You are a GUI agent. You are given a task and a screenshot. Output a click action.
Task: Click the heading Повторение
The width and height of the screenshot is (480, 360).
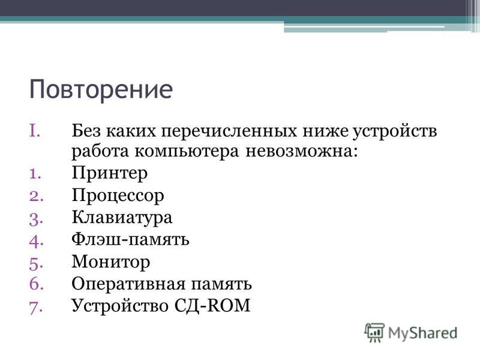[101, 89]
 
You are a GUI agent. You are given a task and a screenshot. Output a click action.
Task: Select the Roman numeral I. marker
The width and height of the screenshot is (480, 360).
[35, 130]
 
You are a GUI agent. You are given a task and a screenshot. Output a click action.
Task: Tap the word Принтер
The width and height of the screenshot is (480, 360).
[110, 173]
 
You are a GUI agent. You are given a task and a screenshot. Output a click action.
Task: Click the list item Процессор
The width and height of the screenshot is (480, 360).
[118, 196]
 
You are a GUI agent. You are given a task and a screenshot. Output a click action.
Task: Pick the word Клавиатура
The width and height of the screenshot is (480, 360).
[122, 218]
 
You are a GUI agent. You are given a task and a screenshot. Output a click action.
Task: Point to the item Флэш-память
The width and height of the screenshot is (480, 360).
[130, 239]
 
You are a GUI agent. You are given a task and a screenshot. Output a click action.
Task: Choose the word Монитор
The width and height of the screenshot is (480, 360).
[111, 262]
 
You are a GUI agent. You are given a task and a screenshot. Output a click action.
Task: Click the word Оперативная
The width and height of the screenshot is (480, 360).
[128, 284]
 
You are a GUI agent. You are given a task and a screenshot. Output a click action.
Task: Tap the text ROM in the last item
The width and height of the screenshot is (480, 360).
[229, 305]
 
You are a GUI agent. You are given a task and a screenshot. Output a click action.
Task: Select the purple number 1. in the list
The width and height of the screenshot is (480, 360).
[35, 174]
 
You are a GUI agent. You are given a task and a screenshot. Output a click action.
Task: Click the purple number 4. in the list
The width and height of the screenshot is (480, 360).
[36, 241]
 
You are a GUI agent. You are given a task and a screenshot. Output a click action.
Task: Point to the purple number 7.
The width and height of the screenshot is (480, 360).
[36, 307]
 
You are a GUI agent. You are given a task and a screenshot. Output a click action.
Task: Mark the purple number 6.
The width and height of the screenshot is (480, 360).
[36, 284]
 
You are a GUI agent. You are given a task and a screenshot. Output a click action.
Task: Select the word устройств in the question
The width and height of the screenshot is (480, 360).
[395, 131]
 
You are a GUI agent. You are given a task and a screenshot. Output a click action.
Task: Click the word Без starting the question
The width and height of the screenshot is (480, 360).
[86, 131]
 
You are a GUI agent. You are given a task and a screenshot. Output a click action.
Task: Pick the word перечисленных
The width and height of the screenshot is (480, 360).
[229, 131]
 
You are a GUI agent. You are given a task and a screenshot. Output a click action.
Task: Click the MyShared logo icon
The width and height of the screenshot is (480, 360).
[374, 332]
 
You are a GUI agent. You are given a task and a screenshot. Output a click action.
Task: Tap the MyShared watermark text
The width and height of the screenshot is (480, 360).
[423, 334]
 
